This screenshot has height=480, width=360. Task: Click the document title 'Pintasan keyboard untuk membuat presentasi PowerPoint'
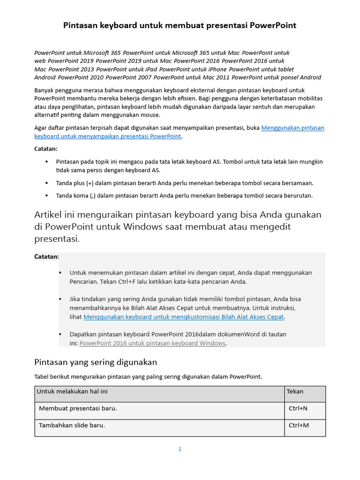(x=180, y=25)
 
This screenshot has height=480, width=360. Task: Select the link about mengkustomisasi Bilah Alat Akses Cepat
(x=184, y=317)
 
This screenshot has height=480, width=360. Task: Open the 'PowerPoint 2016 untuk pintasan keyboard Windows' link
(x=153, y=343)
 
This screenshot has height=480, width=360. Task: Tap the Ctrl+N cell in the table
(x=298, y=408)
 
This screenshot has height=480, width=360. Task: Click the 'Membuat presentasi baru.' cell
(x=78, y=408)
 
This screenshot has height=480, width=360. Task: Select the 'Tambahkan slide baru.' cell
(x=72, y=426)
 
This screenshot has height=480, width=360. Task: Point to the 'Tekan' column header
(x=295, y=391)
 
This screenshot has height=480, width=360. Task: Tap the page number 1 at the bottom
(x=180, y=449)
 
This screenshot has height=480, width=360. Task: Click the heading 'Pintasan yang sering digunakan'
(x=96, y=362)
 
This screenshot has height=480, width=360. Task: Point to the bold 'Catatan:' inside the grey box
(x=47, y=257)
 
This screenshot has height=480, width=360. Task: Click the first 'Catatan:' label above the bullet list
(x=46, y=149)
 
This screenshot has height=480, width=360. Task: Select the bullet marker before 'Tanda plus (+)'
(x=47, y=183)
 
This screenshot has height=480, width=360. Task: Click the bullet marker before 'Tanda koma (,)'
(x=47, y=195)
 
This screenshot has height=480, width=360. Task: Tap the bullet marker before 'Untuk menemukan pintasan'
(x=60, y=272)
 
